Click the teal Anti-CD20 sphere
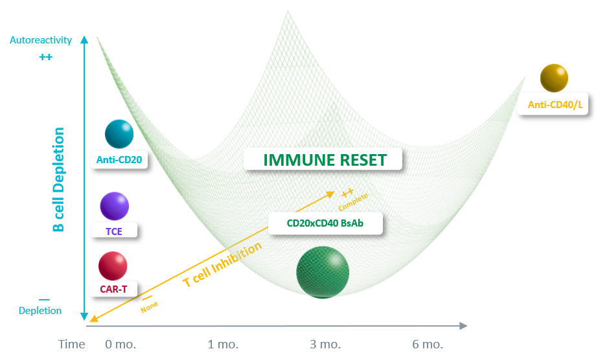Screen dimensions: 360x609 pyautogui.click(x=119, y=134)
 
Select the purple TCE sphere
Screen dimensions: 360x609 pyautogui.click(x=114, y=206)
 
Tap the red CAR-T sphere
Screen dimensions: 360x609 pyautogui.click(x=113, y=266)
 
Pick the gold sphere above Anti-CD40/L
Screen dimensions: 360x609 pyautogui.click(x=554, y=78)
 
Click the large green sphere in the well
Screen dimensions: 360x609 pyautogui.click(x=323, y=273)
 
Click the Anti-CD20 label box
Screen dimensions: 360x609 pyautogui.click(x=119, y=159)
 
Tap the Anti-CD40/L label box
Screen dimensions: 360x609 pyautogui.click(x=552, y=104)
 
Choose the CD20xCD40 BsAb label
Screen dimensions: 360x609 pyautogui.click(x=325, y=223)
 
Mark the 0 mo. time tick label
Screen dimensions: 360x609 pyautogui.click(x=121, y=344)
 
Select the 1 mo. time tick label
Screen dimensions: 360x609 pyautogui.click(x=223, y=344)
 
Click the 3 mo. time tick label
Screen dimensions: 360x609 pyautogui.click(x=326, y=344)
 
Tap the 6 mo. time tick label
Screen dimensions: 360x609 pyautogui.click(x=428, y=344)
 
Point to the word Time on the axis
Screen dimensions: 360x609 pyautogui.click(x=71, y=344)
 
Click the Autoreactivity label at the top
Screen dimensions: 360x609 pyautogui.click(x=40, y=40)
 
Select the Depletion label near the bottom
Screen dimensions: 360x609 pyautogui.click(x=40, y=311)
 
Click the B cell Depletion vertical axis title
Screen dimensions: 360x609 pyautogui.click(x=59, y=180)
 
